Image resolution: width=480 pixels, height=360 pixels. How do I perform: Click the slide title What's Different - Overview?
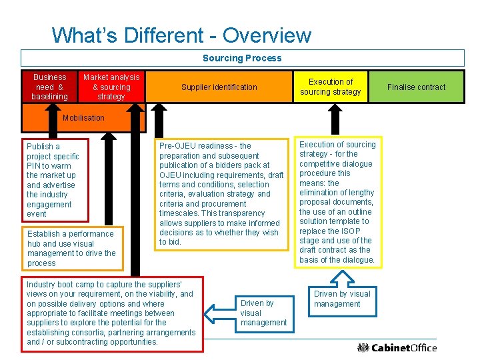coord(181,35)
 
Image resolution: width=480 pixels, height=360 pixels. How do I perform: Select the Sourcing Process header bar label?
coord(242,58)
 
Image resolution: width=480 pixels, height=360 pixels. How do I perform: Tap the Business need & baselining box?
coord(49,87)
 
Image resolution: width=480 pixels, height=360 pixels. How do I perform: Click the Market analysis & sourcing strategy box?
coord(111,87)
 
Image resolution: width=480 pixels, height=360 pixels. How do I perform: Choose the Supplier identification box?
coord(219,87)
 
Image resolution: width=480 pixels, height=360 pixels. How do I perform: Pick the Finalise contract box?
coord(417,87)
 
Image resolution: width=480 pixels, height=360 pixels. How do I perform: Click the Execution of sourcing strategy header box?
coord(330,87)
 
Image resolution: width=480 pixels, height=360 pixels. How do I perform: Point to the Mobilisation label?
coord(83,118)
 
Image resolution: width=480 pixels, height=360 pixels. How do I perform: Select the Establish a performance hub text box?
coord(71,248)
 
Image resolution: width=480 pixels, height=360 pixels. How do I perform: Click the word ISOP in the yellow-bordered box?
coord(353,231)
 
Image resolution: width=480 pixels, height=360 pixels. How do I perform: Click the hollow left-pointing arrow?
coord(220,313)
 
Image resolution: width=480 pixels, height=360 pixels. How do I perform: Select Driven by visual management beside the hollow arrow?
coord(263,313)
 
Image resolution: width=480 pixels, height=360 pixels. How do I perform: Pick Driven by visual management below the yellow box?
coord(341,299)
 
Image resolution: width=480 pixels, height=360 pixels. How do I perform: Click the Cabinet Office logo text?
coord(404,347)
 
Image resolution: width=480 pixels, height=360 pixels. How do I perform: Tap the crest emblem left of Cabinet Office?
coord(363,347)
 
